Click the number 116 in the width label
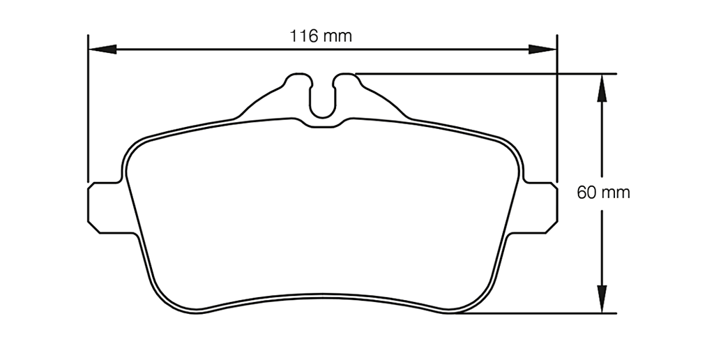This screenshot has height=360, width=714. coord(305,36)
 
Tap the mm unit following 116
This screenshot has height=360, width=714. coord(336,36)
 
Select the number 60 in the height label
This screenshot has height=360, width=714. coord(586,193)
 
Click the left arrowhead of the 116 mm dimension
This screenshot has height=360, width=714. coord(101,50)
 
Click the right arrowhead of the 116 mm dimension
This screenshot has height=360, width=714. coord(543,50)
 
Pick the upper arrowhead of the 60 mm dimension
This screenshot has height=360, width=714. coord(602,87)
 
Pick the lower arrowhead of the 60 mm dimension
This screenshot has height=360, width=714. coord(602,299)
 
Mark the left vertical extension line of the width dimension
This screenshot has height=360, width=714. coord(87,105)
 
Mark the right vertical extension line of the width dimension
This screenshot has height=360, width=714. coord(558,105)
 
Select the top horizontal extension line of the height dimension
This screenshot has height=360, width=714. coord(488,73)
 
